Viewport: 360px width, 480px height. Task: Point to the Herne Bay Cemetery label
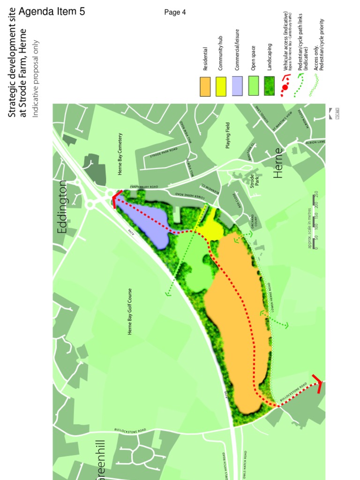(120, 154)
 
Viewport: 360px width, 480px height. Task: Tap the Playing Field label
(228, 135)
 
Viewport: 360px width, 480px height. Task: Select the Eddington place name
(63, 207)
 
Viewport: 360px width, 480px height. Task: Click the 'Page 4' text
(175, 12)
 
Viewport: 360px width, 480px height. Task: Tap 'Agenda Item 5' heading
(52, 12)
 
